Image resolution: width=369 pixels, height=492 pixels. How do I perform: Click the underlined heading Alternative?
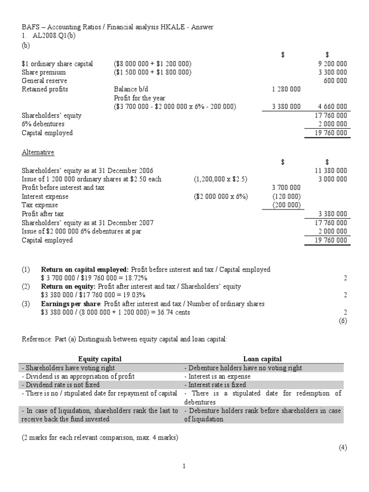coord(38,152)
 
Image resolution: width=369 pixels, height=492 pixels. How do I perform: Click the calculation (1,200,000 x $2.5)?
coord(221,179)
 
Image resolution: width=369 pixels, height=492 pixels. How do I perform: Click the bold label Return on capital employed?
coord(85,270)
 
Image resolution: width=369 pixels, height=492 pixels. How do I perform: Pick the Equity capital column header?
coord(100,359)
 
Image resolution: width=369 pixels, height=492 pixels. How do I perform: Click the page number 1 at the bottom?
coord(184,466)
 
